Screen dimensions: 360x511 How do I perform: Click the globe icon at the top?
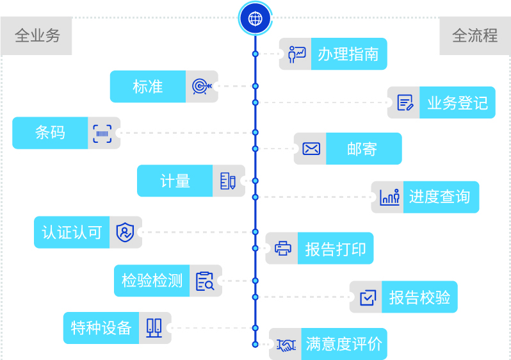pos(255,18)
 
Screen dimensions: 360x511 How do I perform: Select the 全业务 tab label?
pos(37,36)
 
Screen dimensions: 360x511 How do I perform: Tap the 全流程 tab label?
pos(474,36)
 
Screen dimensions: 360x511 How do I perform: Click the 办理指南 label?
pos(348,54)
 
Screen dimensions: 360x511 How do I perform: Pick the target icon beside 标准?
pos(202,86)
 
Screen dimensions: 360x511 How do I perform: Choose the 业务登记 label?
pos(457,102)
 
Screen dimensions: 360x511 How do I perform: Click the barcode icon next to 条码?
pos(102,133)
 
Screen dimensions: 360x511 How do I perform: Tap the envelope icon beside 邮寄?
pos(311,149)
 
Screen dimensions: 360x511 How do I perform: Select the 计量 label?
pos(175,181)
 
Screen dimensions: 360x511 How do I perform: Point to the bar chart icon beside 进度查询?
pos(389,197)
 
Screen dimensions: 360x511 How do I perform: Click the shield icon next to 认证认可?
pos(125,232)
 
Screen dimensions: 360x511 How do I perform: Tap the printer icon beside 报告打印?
pos(283,249)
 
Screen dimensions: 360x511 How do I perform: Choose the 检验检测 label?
pos(152,281)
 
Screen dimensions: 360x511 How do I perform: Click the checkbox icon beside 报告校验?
pos(367,297)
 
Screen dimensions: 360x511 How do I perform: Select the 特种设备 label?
pos(101,328)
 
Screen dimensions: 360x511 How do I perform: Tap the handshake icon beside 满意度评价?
pos(286,345)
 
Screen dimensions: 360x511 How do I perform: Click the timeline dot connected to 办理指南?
pos(255,54)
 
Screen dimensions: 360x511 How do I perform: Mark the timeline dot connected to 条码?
pos(255,133)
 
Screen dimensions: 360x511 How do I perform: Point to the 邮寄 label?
pos(362,149)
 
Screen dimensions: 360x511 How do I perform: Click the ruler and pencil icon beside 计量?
pos(227,181)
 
